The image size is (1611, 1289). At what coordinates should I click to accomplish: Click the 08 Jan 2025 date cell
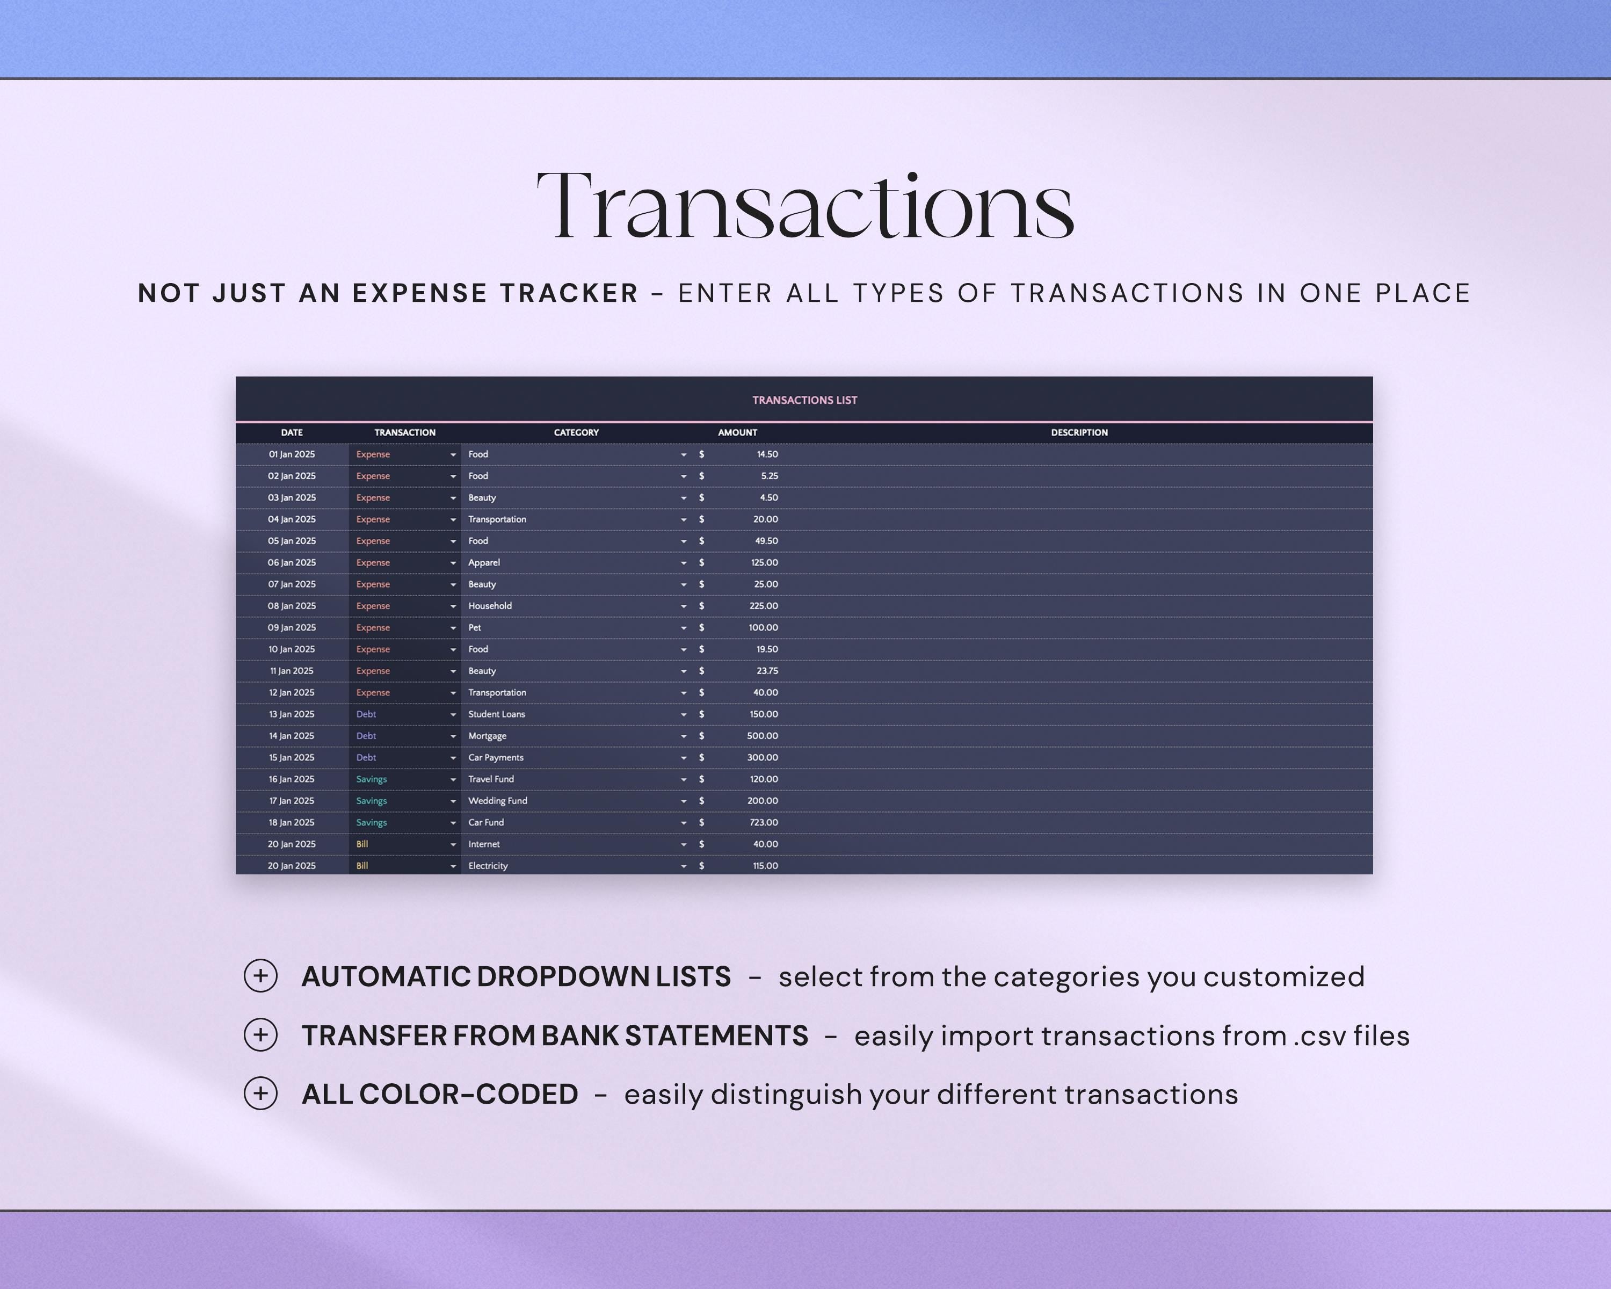tap(292, 606)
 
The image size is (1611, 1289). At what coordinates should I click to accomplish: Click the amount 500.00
tap(762, 736)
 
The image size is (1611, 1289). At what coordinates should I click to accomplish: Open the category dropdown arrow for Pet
tap(683, 628)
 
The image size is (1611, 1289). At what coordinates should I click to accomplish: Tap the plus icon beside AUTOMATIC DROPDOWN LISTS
tap(261, 976)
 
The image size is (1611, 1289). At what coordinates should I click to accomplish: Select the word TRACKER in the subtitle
tap(569, 293)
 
